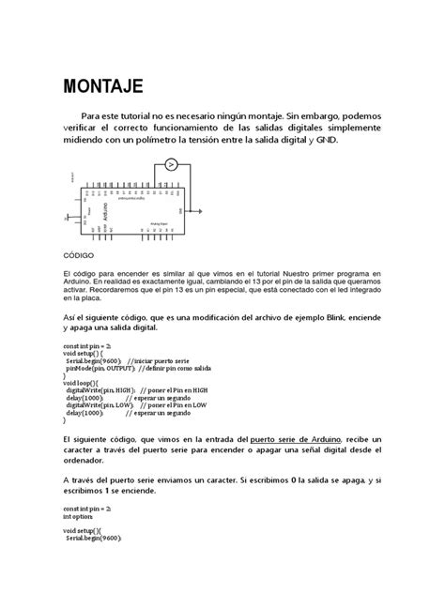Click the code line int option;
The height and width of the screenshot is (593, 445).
[x=78, y=516]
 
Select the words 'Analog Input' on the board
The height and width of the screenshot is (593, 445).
[x=159, y=223]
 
